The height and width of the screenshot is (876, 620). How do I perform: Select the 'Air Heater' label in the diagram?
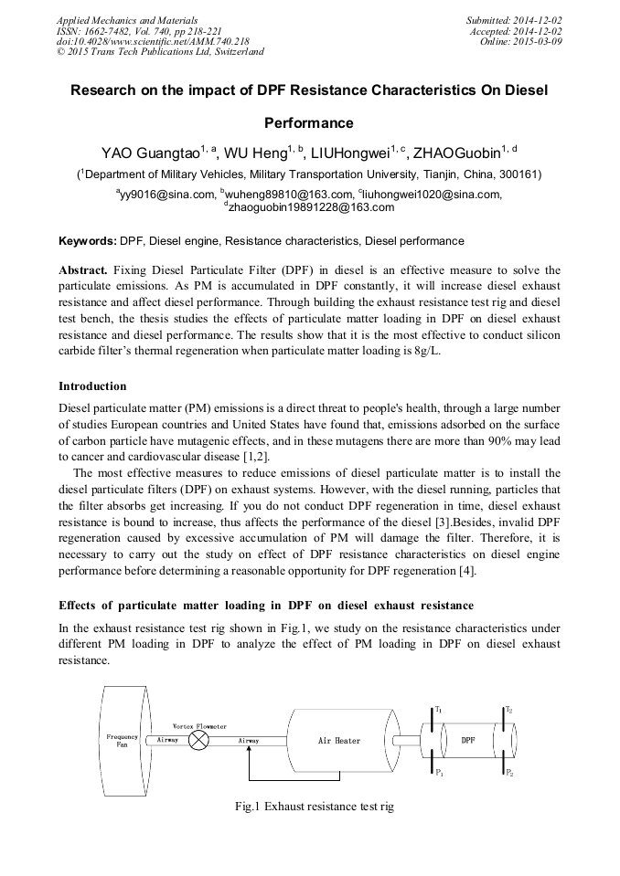339,741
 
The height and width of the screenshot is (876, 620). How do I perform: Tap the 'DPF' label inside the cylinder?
468,740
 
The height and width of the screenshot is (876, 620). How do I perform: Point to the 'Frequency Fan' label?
121,740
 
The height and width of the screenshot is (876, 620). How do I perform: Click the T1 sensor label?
438,710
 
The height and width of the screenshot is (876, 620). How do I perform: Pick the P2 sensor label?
509,773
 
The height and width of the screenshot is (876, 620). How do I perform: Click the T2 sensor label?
509,710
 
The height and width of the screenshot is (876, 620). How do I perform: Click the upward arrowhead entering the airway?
250,752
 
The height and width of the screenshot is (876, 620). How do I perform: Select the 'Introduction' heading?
92,386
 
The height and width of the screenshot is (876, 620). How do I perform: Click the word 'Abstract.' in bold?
83,271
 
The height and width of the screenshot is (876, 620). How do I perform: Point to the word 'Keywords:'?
88,241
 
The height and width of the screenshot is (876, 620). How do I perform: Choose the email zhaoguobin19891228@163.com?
311,207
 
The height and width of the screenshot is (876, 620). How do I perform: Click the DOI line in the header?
153,41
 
